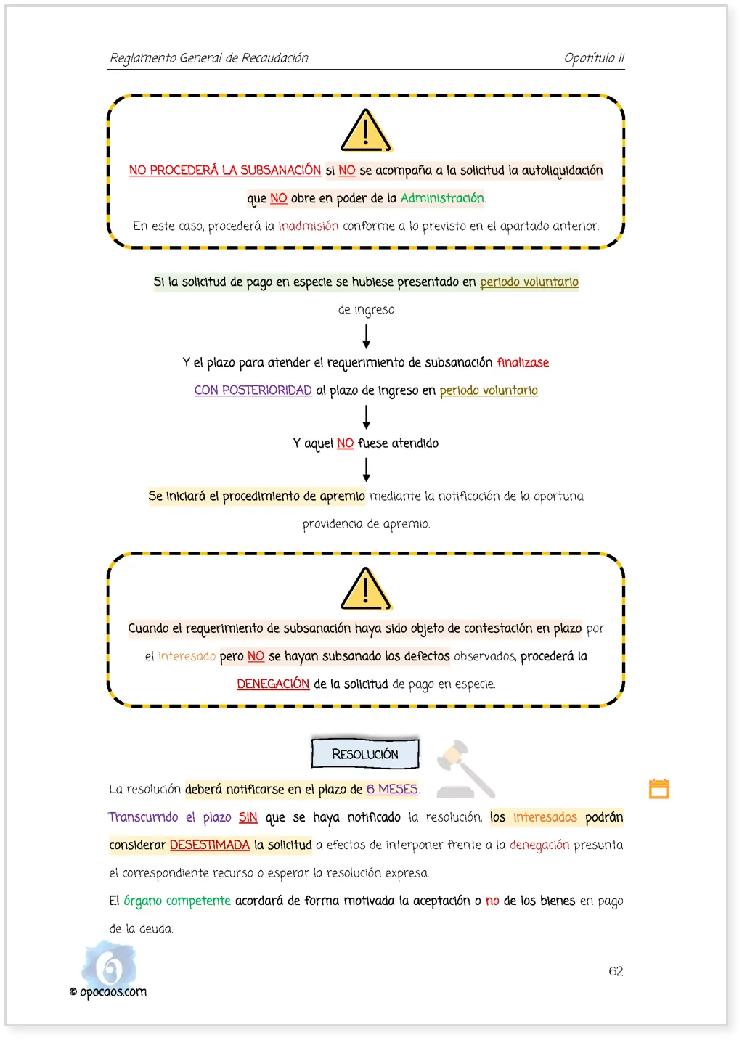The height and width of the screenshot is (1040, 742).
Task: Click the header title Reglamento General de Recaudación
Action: click(209, 58)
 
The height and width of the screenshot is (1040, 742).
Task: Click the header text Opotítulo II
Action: click(594, 58)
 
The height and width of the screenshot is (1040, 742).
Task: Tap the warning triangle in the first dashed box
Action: click(366, 131)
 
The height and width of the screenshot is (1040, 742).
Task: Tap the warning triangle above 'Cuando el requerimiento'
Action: click(366, 589)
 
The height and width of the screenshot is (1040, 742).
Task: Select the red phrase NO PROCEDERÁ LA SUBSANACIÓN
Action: click(225, 171)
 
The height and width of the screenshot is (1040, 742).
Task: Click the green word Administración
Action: click(442, 198)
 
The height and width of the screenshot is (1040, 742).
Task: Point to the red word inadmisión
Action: click(309, 226)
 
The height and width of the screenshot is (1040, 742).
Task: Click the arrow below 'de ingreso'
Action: click(366, 337)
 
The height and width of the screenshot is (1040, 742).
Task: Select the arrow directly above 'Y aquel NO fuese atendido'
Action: click(366, 417)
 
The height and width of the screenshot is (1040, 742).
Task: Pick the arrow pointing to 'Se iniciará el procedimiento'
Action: click(366, 470)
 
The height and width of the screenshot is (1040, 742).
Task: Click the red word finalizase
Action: click(522, 362)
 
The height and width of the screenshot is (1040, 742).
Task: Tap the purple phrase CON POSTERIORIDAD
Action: click(253, 390)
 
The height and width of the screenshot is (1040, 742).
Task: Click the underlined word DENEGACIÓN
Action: click(273, 684)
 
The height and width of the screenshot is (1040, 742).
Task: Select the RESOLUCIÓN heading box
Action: click(365, 753)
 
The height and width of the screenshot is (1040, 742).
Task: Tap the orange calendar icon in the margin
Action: click(659, 789)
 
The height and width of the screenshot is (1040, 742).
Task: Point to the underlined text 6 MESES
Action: click(392, 790)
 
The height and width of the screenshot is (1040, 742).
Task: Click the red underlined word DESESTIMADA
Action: click(210, 845)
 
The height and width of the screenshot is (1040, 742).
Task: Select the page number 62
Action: click(616, 971)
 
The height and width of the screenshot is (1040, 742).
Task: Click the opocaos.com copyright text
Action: click(107, 991)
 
